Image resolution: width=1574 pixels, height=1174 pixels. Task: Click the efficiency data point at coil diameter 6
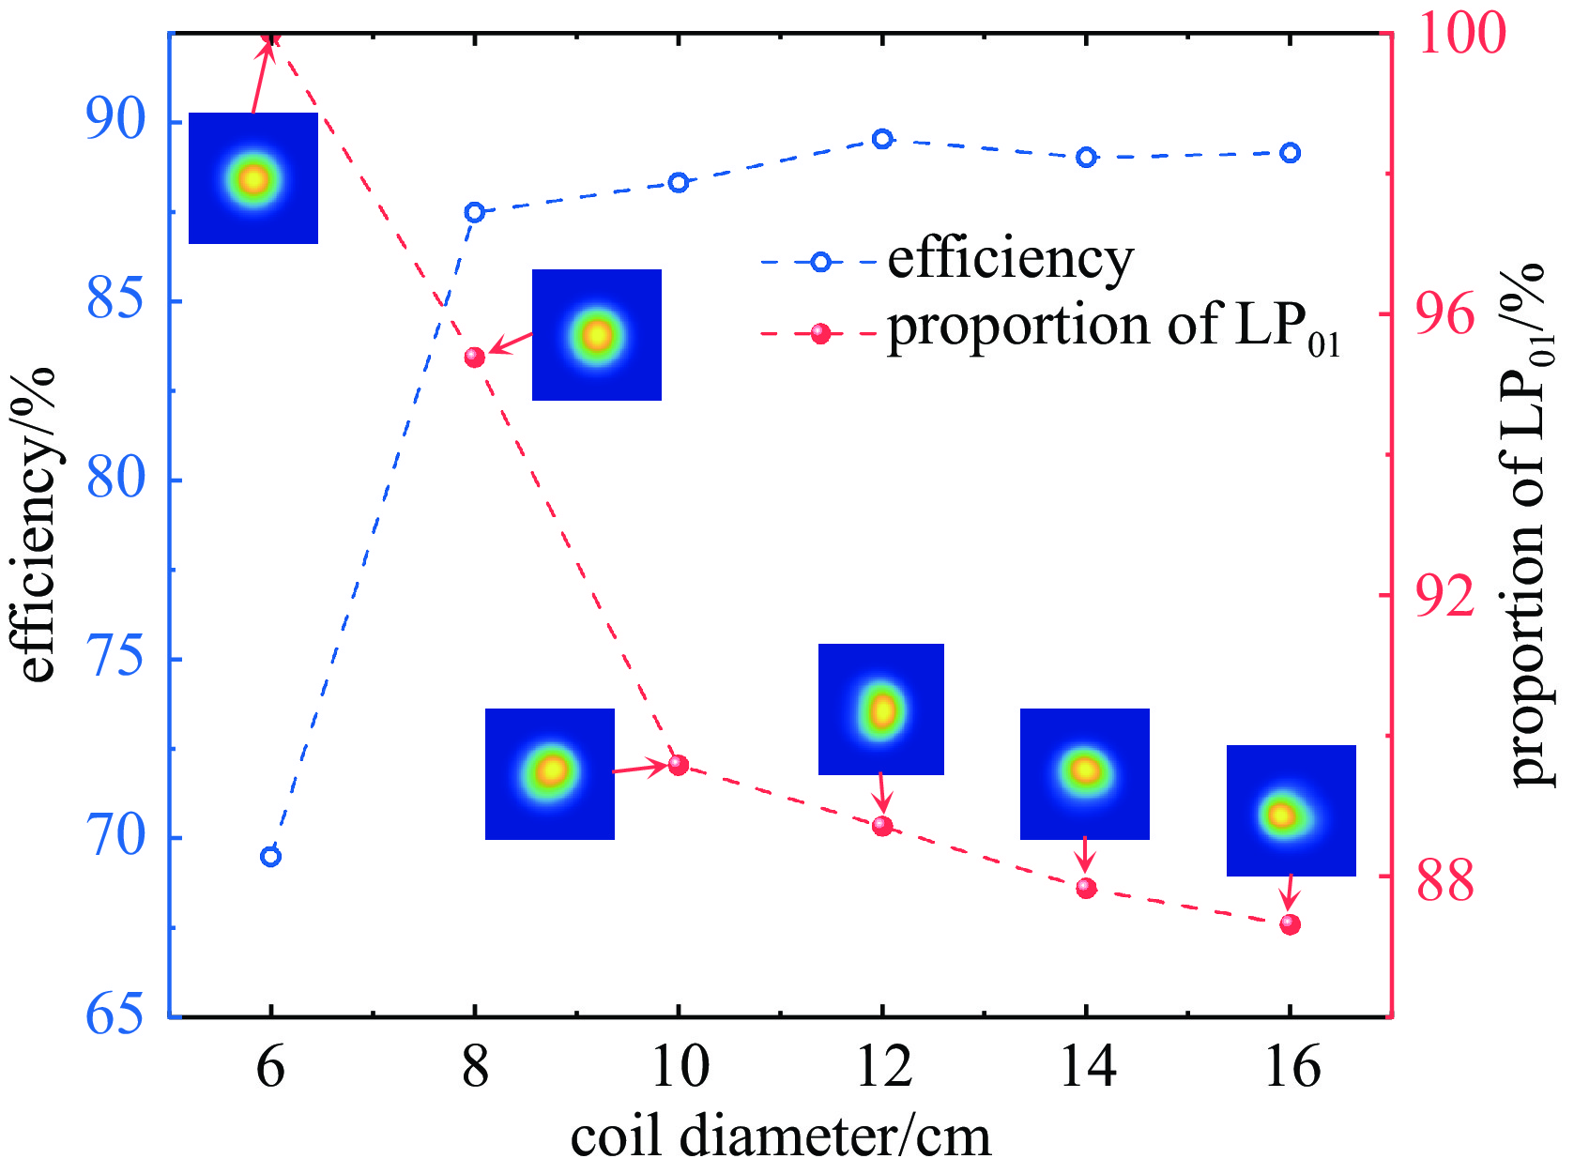click(x=270, y=856)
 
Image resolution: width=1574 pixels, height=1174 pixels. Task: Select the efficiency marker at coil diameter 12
click(x=882, y=139)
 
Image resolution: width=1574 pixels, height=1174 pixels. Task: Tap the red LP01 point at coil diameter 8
click(x=475, y=357)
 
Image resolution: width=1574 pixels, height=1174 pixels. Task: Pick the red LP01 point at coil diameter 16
click(x=1291, y=924)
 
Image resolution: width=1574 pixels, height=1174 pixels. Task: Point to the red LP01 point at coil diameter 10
click(x=679, y=765)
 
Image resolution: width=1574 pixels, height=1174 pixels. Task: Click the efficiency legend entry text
click(x=1010, y=259)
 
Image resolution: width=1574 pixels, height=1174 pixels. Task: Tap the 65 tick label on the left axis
click(x=116, y=1014)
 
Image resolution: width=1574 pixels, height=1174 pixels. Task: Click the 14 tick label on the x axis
click(x=1087, y=1067)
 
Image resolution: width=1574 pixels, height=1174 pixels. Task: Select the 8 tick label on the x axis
click(x=475, y=1067)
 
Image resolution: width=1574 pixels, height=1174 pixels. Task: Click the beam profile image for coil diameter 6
click(x=253, y=178)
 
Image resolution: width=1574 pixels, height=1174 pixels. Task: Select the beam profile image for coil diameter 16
click(x=1291, y=811)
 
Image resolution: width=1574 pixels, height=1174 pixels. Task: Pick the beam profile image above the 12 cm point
click(x=881, y=709)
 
